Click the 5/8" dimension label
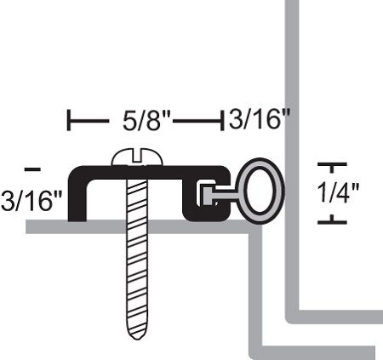pyautogui.click(x=146, y=121)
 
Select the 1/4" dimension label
pyautogui.click(x=338, y=192)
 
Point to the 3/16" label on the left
pyautogui.click(x=31, y=200)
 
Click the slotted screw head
pyautogui.click(x=137, y=157)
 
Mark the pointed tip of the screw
pyautogui.click(x=137, y=339)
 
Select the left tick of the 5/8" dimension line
pyautogui.click(x=69, y=120)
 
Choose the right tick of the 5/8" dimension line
pyautogui.click(x=222, y=120)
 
